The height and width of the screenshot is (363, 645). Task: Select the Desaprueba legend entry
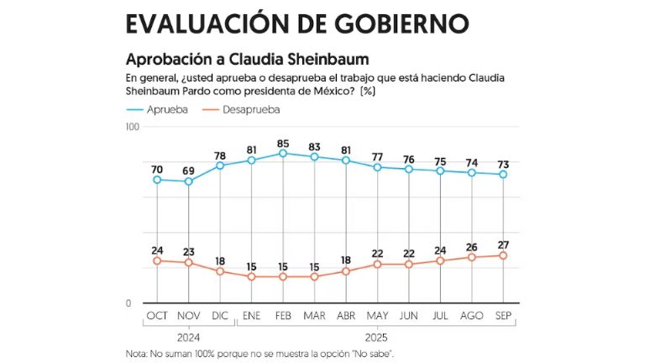click(251, 109)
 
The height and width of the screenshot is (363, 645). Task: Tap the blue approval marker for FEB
click(283, 153)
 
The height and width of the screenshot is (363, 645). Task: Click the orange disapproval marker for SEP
click(503, 255)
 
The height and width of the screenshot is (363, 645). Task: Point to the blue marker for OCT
click(157, 180)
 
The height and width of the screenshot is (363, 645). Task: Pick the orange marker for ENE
click(251, 276)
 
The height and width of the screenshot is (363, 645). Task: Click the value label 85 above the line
click(283, 142)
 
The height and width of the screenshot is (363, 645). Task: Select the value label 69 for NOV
click(188, 171)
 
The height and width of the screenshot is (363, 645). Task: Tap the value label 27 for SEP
click(503, 245)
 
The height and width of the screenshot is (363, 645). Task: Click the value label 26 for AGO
click(472, 247)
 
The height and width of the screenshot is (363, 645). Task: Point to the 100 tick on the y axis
click(131, 126)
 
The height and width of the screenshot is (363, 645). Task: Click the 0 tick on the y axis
click(135, 303)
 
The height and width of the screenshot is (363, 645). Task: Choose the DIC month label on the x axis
click(220, 315)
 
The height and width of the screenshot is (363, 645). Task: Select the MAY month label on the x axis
click(377, 315)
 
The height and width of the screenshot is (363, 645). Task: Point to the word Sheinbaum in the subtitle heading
click(325, 60)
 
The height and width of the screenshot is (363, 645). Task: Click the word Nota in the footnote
click(136, 354)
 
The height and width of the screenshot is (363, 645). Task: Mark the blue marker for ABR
click(346, 160)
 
